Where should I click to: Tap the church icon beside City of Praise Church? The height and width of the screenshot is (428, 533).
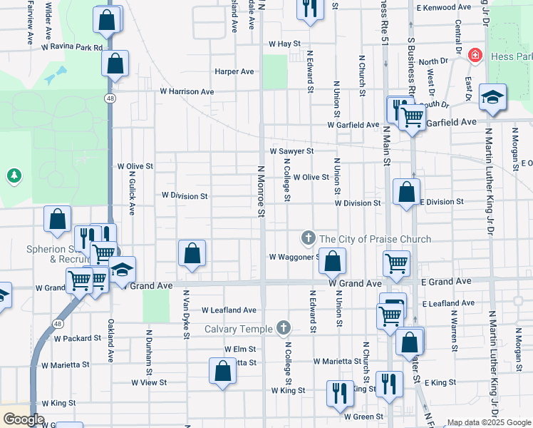(x=308, y=238)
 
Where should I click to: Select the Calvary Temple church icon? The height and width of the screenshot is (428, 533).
(x=284, y=328)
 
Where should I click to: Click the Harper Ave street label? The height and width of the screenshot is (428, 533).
(x=234, y=71)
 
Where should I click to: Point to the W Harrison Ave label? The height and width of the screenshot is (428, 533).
(x=187, y=92)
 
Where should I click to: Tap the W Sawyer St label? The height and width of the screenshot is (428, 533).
(x=292, y=151)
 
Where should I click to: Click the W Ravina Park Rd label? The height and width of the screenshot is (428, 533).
(x=74, y=48)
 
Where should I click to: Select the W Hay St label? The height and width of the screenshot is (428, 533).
(x=284, y=44)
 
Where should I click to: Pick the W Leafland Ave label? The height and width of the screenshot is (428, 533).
(x=228, y=310)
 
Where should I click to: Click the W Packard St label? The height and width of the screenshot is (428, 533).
(x=78, y=337)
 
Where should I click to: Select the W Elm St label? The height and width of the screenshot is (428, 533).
(x=239, y=350)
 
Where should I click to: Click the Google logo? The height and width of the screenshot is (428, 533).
(x=24, y=419)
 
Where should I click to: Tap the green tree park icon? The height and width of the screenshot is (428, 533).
(x=14, y=175)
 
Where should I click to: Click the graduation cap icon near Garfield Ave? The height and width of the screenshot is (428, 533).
(x=492, y=97)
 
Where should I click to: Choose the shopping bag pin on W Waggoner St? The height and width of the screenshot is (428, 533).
(x=332, y=261)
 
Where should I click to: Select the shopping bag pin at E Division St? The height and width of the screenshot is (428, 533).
(x=406, y=192)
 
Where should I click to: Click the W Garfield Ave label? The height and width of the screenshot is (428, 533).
(x=353, y=125)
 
